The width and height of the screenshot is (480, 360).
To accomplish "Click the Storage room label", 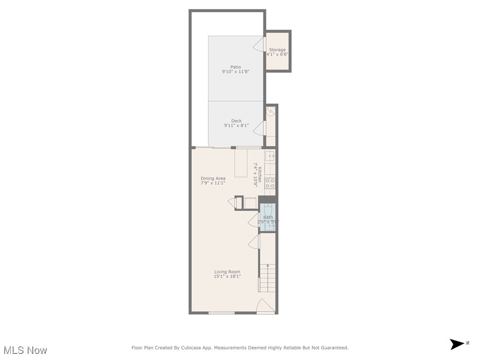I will pyautogui.click(x=277, y=50).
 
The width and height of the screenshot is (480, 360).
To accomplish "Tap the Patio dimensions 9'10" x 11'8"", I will pyautogui.click(x=235, y=72).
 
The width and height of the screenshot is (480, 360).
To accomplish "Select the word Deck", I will pyautogui.click(x=236, y=121).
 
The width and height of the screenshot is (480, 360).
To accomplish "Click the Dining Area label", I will pyautogui.click(x=213, y=178).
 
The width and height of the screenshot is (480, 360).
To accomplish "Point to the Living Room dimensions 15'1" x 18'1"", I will pyautogui.click(x=227, y=277).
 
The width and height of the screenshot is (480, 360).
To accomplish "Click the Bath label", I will pyautogui.click(x=268, y=217).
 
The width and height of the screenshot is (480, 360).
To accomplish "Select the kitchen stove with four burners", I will pyautogui.click(x=270, y=183).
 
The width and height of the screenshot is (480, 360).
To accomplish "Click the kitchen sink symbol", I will pyautogui.click(x=270, y=155).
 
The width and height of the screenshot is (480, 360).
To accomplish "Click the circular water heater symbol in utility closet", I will pyautogui.click(x=270, y=111).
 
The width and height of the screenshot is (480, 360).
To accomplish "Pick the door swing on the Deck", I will pyautogui.click(x=259, y=127).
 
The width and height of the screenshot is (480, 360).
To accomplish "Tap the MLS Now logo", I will pyautogui.click(x=25, y=350).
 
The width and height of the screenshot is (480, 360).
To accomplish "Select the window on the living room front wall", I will pyautogui.click(x=221, y=313).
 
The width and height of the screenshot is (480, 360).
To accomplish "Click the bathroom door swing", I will pyautogui.click(x=254, y=219).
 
